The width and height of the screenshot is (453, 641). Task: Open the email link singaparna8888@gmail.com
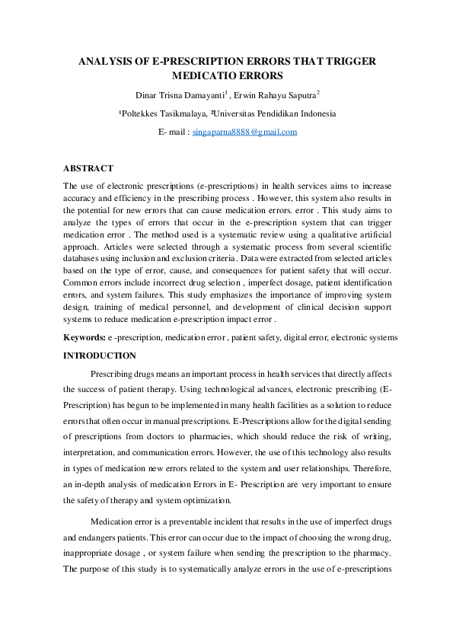click(244, 132)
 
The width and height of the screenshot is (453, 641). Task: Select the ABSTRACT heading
click(88, 168)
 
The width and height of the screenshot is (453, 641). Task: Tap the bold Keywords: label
click(84, 336)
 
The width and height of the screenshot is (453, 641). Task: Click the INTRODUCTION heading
click(99, 356)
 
